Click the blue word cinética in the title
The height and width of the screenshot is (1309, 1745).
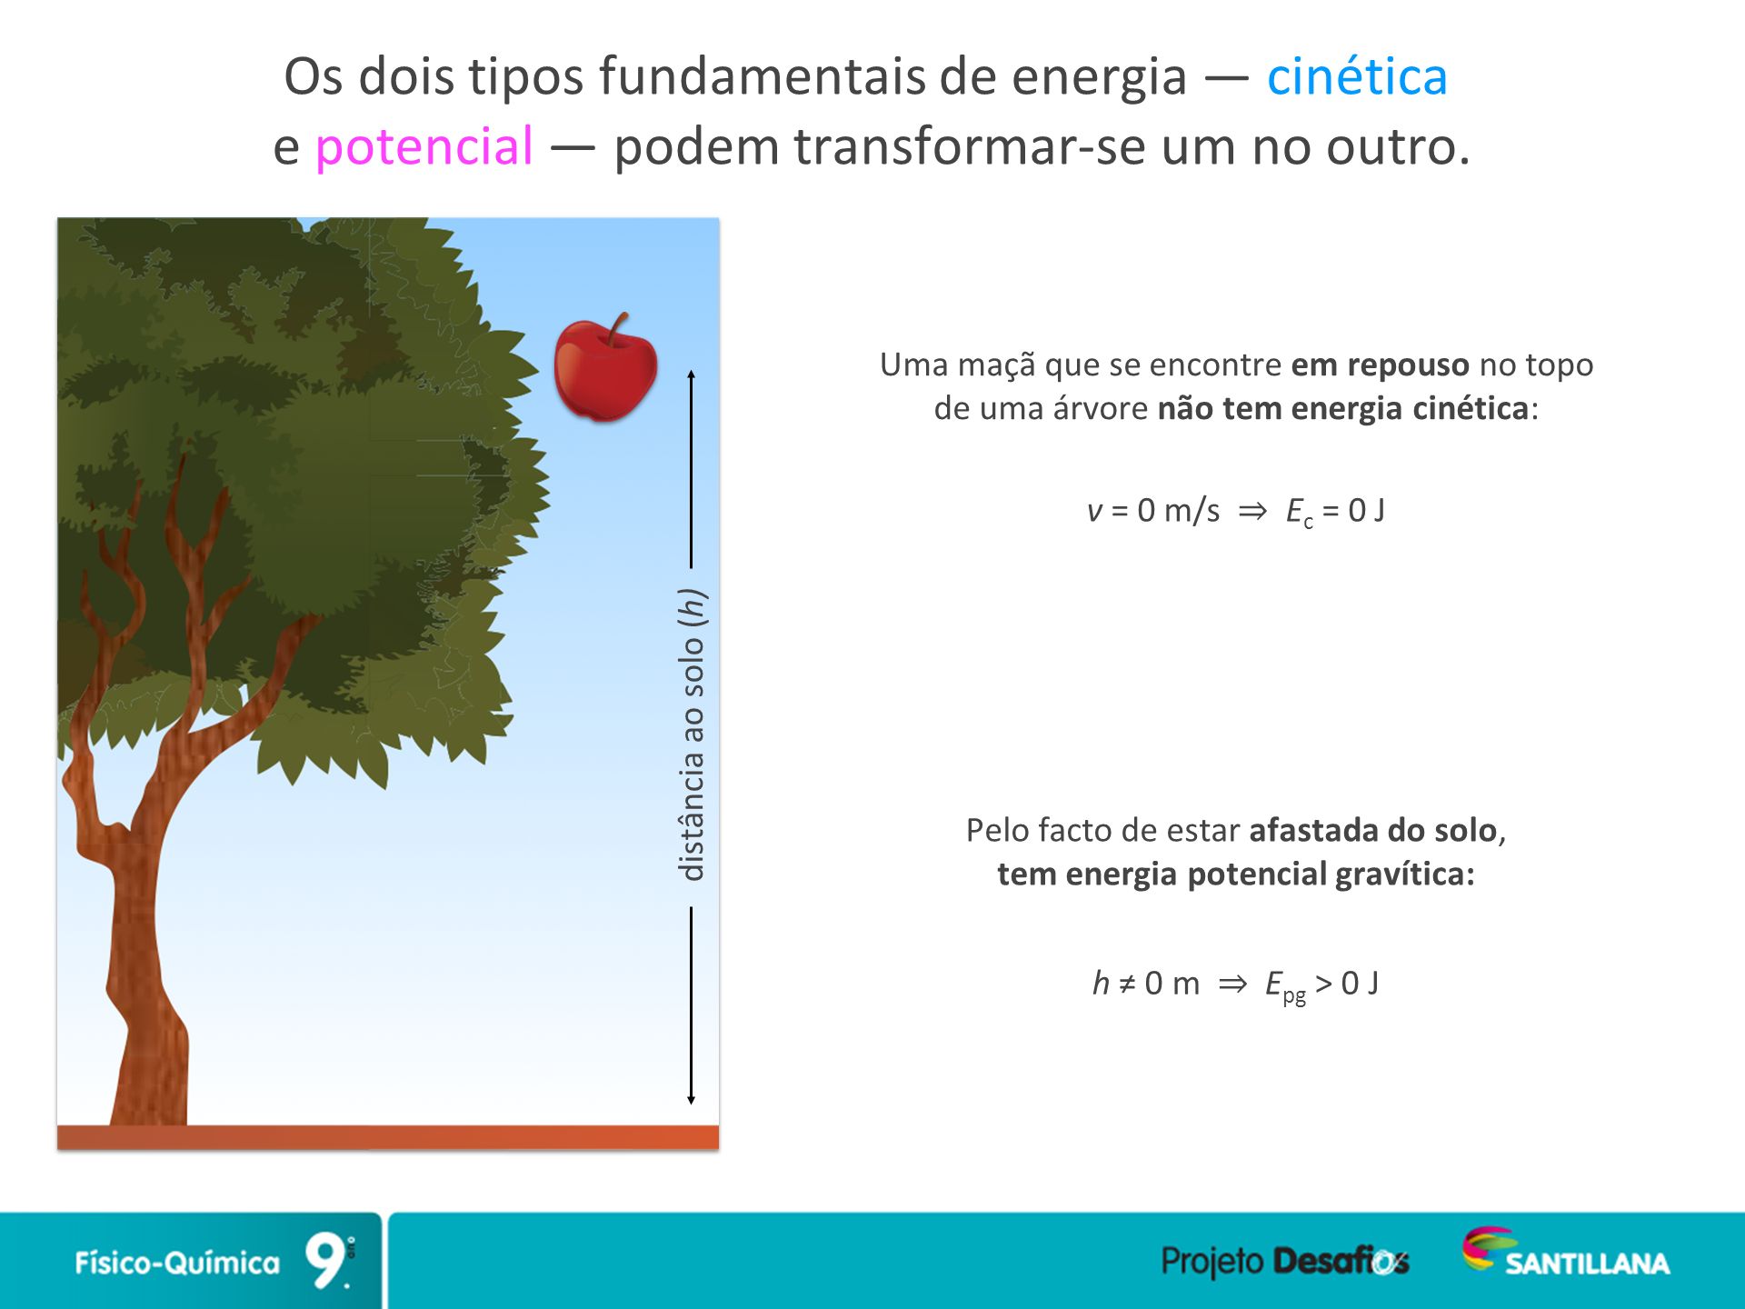tap(1357, 76)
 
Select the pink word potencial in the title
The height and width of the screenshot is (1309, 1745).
tap(424, 147)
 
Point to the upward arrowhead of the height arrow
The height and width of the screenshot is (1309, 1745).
tap(692, 374)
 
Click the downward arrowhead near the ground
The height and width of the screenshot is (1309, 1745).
tap(692, 1100)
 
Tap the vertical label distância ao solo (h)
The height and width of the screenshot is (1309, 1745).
tap(693, 734)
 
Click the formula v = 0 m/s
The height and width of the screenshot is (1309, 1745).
tap(1153, 511)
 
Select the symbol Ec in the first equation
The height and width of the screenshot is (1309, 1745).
tap(1299, 513)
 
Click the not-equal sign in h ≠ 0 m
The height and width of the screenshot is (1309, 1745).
tap(1127, 984)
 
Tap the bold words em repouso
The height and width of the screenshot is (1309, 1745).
tap(1380, 365)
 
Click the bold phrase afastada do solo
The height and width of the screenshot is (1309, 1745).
tap(1372, 830)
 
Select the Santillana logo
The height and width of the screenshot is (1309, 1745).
tap(1565, 1253)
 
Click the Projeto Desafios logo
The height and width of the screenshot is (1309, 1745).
tap(1285, 1261)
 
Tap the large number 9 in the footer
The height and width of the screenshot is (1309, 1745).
tap(325, 1260)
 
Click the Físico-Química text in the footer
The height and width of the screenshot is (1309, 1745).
tap(177, 1262)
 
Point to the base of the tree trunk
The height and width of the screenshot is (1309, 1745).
tap(149, 1114)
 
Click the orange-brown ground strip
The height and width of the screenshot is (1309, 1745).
tap(388, 1137)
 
